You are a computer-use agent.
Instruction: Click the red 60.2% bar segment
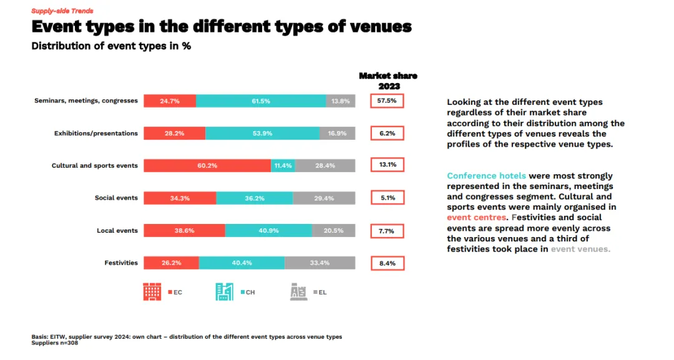[207, 165]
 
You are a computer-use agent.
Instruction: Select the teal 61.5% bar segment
[261, 100]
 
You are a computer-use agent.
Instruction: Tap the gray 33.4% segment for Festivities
[320, 263]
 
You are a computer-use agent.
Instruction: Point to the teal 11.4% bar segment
[283, 165]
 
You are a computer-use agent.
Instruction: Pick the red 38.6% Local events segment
[184, 230]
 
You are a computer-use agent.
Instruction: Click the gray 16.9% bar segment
[337, 133]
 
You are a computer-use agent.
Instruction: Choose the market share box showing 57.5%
[387, 100]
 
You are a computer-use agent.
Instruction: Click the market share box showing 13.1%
[387, 165]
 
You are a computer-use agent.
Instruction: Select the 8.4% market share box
[387, 263]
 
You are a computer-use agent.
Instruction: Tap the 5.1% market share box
[387, 198]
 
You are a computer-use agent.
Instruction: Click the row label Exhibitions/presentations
[96, 133]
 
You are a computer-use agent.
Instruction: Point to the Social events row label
[116, 198]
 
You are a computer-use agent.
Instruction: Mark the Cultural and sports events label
[95, 165]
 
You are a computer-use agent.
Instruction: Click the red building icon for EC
[152, 291]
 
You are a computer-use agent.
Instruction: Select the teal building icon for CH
[225, 291]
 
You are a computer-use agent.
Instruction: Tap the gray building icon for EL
[298, 291]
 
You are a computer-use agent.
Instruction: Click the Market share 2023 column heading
[388, 80]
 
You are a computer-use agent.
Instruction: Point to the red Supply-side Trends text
[62, 11]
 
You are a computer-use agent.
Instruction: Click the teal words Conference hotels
[486, 175]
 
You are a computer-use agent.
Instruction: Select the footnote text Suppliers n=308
[55, 343]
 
